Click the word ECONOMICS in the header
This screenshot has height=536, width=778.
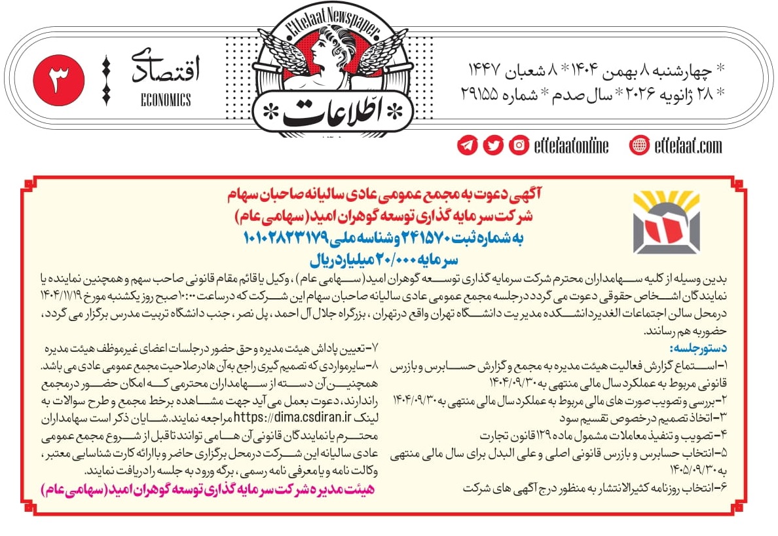pyautogui.click(x=166, y=100)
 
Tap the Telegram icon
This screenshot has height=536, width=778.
pyautogui.click(x=468, y=145)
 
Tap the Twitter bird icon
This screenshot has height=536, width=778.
pyautogui.click(x=493, y=145)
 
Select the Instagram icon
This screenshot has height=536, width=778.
pyautogui.click(x=519, y=145)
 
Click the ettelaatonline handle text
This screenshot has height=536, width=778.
pyautogui.click(x=571, y=145)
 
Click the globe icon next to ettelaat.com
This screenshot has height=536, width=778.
pyautogui.click(x=639, y=145)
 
